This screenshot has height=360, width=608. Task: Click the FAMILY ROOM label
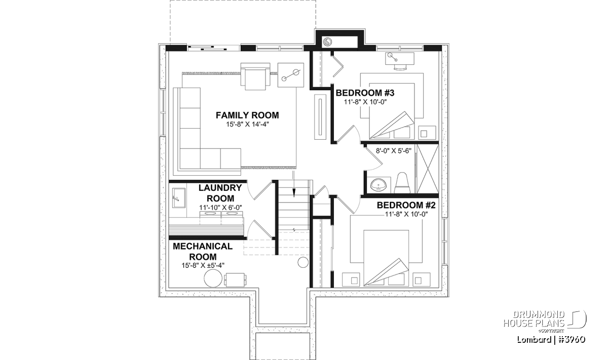click(x=247, y=115)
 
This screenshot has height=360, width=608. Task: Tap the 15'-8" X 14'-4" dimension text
click(x=248, y=125)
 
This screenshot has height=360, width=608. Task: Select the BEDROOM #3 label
click(x=365, y=93)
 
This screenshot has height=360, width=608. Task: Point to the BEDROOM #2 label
click(x=406, y=205)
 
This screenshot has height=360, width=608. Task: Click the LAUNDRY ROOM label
click(x=220, y=193)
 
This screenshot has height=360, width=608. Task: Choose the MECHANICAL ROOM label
click(x=203, y=251)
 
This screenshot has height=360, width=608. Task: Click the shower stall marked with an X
click(x=428, y=169)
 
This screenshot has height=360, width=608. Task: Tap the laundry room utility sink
click(x=178, y=198)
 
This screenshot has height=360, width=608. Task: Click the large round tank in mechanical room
click(x=213, y=278)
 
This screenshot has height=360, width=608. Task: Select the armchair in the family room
click(x=255, y=76)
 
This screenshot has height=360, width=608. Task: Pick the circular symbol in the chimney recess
click(x=327, y=42)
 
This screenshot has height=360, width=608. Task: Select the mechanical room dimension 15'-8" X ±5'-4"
click(x=203, y=265)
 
